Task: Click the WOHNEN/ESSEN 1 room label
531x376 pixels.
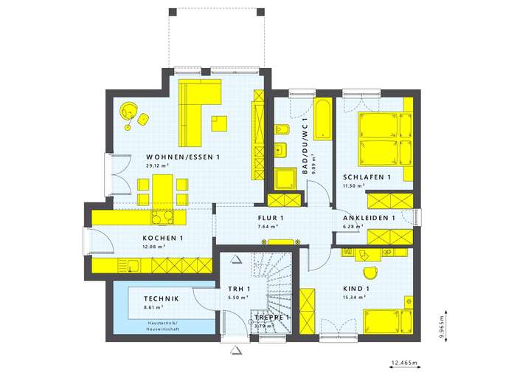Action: click(x=184, y=157)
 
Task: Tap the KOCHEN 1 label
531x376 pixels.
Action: click(x=163, y=238)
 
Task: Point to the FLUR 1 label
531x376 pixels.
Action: click(x=271, y=218)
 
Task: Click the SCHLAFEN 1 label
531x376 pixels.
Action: click(x=367, y=177)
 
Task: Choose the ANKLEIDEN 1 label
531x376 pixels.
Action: click(x=369, y=219)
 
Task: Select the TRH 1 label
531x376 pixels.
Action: click(x=238, y=288)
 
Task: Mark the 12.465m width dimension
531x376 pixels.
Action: click(x=403, y=363)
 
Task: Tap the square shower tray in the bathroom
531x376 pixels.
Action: click(x=285, y=180)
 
